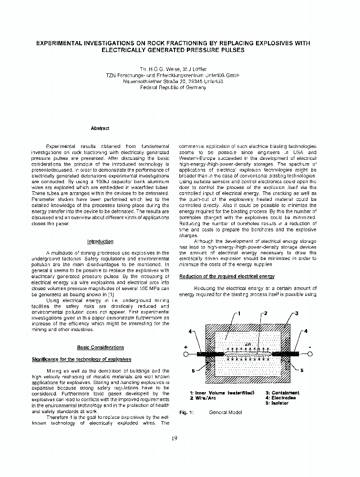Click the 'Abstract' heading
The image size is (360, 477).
coord(100,128)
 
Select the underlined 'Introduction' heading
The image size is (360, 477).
coord(100,241)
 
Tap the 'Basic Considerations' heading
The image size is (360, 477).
coord(100,348)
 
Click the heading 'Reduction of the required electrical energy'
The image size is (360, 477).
coord(226,277)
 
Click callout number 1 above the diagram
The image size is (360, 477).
coord(239,313)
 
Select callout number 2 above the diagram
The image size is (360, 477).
coord(266,313)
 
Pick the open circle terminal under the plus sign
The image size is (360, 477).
coord(186,354)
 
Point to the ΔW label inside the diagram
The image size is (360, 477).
coord(247,344)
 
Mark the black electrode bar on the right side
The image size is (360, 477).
coord(286,354)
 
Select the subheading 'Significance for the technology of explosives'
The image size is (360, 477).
coord(81,359)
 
